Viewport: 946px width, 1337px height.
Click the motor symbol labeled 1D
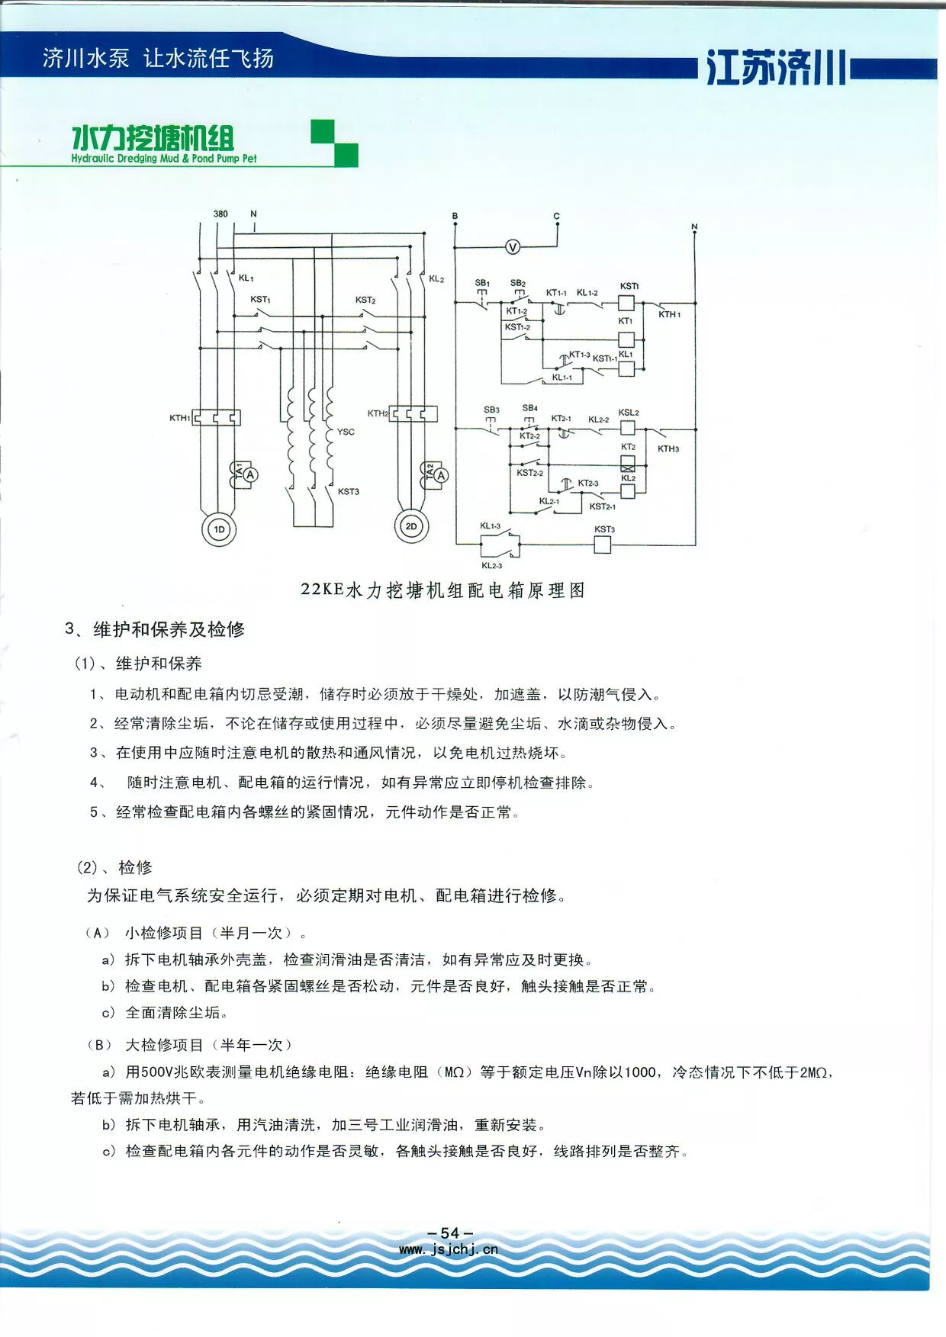[x=219, y=529]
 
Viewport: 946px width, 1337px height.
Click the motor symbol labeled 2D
[x=411, y=526]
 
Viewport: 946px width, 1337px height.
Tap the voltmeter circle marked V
[x=513, y=246]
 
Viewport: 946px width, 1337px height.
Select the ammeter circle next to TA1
[x=249, y=474]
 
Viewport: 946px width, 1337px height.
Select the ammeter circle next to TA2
[x=441, y=474]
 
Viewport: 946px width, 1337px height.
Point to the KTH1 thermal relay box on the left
[x=216, y=417]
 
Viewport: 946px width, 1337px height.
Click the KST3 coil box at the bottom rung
[x=602, y=544]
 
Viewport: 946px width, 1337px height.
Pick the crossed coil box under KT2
[x=627, y=463]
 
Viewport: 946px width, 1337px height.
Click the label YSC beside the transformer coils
[x=346, y=432]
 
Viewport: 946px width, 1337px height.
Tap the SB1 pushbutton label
[x=482, y=283]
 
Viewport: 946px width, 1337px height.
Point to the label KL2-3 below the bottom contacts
[x=491, y=566]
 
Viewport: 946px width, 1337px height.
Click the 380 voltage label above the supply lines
[x=220, y=214]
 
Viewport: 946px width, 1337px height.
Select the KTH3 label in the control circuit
[x=668, y=448]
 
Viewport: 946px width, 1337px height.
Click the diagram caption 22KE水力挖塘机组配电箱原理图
[x=443, y=590]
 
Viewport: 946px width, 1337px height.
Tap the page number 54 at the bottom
[x=450, y=1233]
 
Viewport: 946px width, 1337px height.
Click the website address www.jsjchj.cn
[x=449, y=1249]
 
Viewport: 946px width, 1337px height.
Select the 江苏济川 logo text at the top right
[x=776, y=68]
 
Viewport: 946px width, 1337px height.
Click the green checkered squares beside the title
[x=334, y=143]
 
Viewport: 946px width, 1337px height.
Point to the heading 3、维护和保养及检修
[x=155, y=629]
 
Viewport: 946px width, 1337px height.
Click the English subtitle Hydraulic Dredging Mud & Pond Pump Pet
[x=164, y=159]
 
